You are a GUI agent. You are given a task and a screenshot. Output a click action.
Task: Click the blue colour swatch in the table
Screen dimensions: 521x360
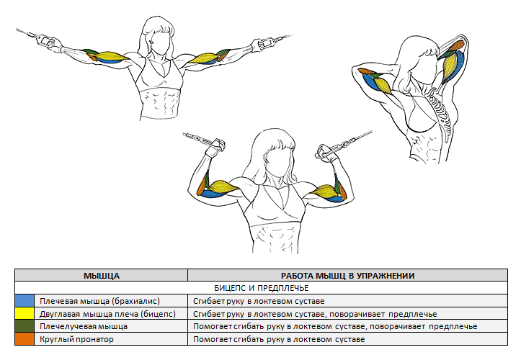click(25, 301)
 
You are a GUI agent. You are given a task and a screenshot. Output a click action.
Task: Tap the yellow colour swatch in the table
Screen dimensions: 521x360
click(25, 313)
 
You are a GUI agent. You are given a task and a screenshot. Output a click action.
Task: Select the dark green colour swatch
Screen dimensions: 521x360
click(25, 326)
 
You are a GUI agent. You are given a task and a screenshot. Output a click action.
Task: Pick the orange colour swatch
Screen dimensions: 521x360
click(25, 339)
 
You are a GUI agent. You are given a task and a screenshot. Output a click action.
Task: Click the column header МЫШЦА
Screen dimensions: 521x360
click(102, 276)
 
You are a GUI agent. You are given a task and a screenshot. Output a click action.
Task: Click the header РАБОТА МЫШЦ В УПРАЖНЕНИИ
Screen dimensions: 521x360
click(347, 276)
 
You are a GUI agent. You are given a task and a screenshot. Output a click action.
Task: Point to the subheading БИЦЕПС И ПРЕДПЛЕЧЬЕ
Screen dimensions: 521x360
click(261, 288)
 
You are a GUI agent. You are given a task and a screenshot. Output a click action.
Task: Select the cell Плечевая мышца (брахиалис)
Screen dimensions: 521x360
click(99, 301)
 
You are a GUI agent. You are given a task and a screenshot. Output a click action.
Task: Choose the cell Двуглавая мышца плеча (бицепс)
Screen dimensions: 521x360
click(107, 314)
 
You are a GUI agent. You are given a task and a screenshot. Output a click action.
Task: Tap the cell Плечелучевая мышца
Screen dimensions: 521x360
click(84, 326)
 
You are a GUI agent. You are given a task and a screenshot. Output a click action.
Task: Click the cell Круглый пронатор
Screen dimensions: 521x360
click(76, 339)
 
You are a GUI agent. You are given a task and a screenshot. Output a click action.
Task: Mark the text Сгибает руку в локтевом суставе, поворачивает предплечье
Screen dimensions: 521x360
click(315, 314)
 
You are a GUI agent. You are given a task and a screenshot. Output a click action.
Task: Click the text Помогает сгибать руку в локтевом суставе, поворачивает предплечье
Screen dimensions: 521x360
click(335, 326)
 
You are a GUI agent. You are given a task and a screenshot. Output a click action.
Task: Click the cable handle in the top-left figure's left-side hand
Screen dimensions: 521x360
click(45, 40)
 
